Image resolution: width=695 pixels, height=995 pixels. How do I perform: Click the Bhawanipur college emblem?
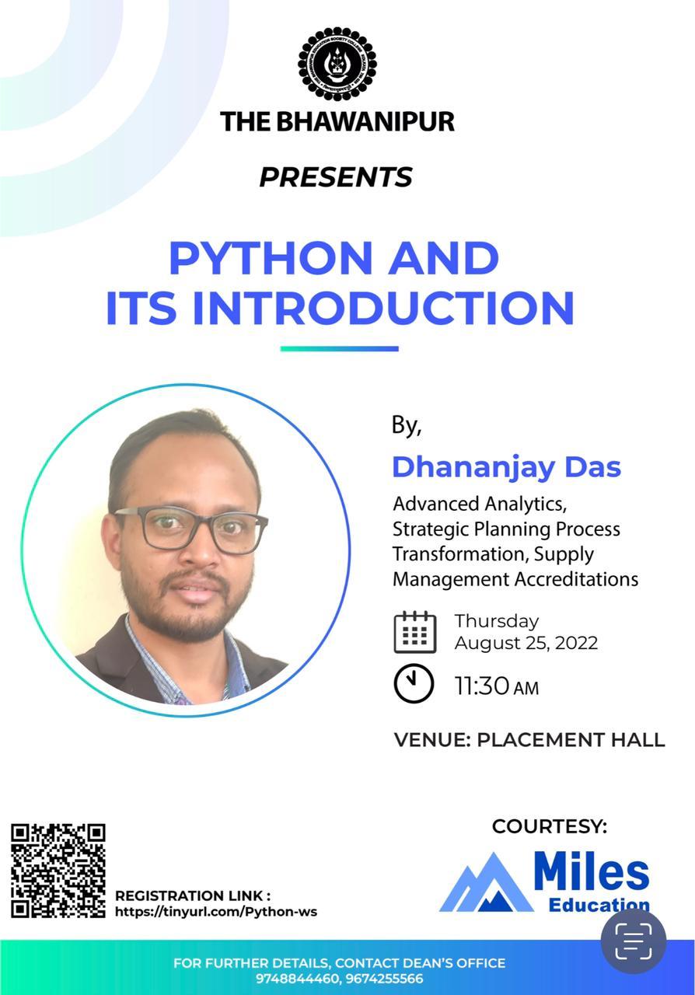(337, 64)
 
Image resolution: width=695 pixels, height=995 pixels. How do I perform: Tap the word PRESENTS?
(336, 176)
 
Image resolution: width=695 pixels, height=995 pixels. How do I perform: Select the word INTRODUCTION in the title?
(384, 308)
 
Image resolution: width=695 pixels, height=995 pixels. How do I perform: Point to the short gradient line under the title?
(340, 349)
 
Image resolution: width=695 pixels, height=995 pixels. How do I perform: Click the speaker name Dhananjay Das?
(507, 468)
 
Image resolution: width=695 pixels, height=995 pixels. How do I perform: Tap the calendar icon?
(415, 632)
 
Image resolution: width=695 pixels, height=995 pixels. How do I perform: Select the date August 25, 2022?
(526, 643)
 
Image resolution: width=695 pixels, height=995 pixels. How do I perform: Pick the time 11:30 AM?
(496, 686)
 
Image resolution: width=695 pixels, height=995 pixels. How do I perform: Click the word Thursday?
(497, 621)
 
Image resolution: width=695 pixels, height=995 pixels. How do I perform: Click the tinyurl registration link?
(216, 912)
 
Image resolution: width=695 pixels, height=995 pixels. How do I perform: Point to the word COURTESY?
(550, 826)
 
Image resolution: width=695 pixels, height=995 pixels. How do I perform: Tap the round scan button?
(634, 941)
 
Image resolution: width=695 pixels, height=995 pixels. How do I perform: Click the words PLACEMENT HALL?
(571, 740)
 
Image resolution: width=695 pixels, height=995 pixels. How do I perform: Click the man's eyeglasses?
(191, 529)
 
